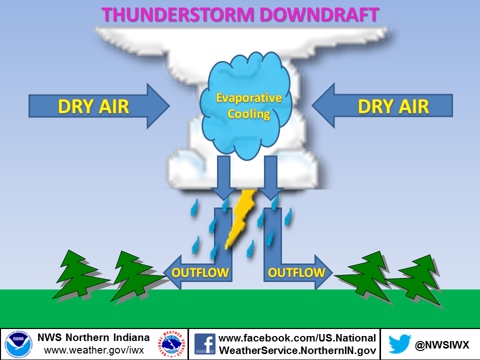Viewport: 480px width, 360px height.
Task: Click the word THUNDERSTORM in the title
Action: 178,14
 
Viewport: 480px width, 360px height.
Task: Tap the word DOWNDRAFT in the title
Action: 319,14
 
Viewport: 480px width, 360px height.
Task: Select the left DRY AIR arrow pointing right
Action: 99,106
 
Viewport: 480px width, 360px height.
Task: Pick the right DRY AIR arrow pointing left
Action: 382,105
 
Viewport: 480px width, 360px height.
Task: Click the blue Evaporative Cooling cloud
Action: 246,105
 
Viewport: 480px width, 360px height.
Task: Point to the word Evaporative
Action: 249,97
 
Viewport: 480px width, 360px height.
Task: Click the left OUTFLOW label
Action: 200,272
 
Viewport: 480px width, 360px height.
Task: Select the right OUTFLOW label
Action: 296,272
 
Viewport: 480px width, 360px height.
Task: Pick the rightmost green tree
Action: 416,280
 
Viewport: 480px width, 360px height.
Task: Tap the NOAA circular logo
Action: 18,344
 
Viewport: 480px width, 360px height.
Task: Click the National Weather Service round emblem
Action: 172,344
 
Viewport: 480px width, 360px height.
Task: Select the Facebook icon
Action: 205,344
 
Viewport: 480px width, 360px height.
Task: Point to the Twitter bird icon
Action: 400,344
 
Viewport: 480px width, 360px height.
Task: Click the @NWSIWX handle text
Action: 441,345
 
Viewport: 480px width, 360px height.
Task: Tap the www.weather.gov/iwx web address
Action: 94,350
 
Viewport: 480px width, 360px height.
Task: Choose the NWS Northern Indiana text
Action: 93,337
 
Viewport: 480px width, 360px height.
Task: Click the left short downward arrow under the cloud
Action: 224,178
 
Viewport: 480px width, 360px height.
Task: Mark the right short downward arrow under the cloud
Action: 270,178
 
